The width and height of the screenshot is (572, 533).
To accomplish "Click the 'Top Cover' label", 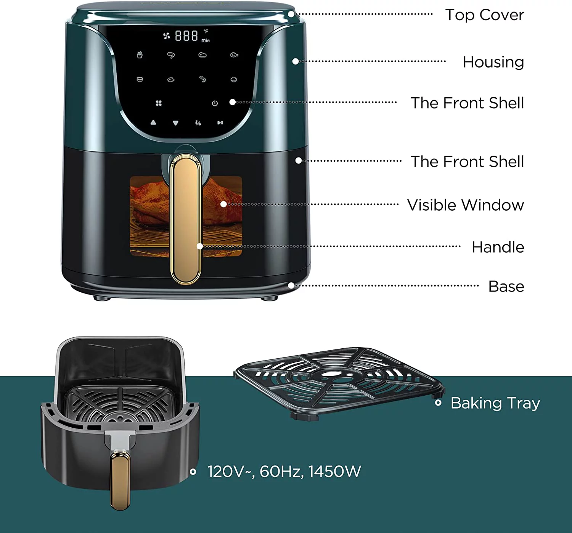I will pyautogui.click(x=484, y=15).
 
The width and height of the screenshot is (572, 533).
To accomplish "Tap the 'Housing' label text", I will pyautogui.click(x=493, y=62).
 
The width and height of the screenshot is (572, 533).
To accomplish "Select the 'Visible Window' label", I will pyautogui.click(x=465, y=205).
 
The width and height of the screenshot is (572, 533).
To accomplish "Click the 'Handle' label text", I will pyautogui.click(x=498, y=247).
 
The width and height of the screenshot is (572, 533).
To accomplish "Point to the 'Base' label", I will pyautogui.click(x=506, y=287).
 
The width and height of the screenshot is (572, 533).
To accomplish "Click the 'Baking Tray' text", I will pyautogui.click(x=495, y=403).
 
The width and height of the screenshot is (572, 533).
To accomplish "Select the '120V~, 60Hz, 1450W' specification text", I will pyautogui.click(x=284, y=472).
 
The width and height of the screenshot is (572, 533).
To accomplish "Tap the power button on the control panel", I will pyautogui.click(x=215, y=103).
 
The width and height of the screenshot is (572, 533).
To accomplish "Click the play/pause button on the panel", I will pyautogui.click(x=220, y=123).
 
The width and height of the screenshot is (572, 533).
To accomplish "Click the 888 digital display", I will pyautogui.click(x=186, y=36).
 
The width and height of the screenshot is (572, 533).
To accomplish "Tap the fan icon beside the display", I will pyautogui.click(x=167, y=36).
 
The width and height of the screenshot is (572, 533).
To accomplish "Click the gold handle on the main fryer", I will pyautogui.click(x=186, y=219).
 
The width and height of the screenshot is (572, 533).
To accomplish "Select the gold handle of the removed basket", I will pyautogui.click(x=120, y=479).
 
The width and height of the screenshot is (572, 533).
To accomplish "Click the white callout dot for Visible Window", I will pyautogui.click(x=223, y=205).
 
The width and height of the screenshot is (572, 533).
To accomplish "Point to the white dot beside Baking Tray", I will pyautogui.click(x=438, y=403).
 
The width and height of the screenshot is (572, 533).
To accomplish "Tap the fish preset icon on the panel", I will pyautogui.click(x=234, y=55).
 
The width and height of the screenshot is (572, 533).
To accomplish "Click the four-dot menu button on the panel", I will pyautogui.click(x=159, y=103).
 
